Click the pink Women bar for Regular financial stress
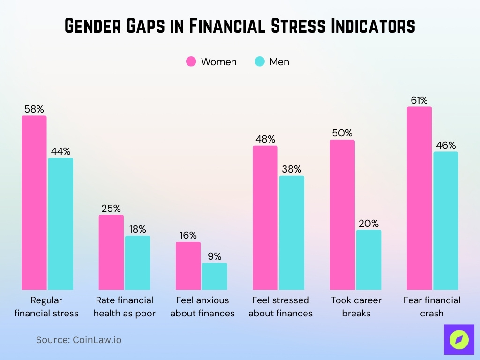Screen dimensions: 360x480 tap(34, 202)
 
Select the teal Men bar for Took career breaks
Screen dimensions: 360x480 tap(368, 260)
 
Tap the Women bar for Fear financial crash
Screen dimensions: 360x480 tap(419, 198)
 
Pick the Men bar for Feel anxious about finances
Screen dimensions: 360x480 tap(214, 276)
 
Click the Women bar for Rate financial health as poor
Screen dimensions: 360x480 tap(111, 252)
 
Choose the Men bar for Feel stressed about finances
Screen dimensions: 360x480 tap(292, 232)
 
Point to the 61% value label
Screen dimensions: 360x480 tap(419, 100)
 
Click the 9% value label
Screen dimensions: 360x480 tap(214, 256)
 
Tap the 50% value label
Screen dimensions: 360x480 tap(342, 133)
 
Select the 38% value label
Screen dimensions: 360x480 tap(292, 169)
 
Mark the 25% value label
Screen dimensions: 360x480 tap(111, 208)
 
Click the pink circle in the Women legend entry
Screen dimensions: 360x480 tap(191, 61)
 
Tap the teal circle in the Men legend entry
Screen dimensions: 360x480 tap(260, 61)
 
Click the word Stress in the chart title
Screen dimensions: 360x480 tap(295, 26)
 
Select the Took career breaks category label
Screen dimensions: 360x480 tap(356, 307)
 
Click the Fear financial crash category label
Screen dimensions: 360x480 tap(432, 307)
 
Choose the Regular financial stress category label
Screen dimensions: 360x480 tap(46, 307)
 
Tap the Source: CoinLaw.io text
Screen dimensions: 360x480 tap(79, 340)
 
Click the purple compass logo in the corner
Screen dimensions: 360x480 tap(458, 339)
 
